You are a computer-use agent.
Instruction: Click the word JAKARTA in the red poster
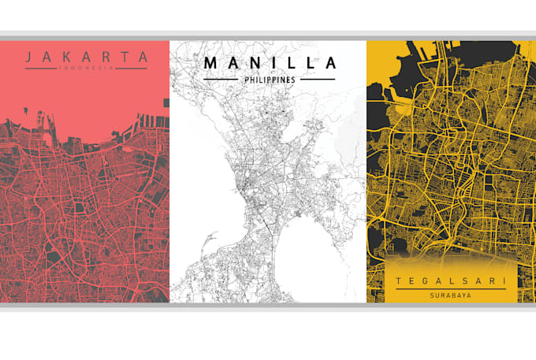[x=86, y=57]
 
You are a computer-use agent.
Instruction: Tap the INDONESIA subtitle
[x=86, y=69]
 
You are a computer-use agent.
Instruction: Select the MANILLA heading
[x=268, y=62]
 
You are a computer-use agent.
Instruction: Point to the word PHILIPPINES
[x=268, y=80]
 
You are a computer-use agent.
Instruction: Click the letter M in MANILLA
[x=211, y=62]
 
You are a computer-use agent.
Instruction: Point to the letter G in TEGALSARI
[x=423, y=281]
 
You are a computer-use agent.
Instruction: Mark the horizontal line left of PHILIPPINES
[x=221, y=80]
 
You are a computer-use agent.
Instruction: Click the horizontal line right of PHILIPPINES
[x=315, y=80]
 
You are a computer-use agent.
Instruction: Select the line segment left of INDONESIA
[x=40, y=69]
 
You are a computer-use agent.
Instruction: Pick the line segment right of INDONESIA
[x=132, y=69]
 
